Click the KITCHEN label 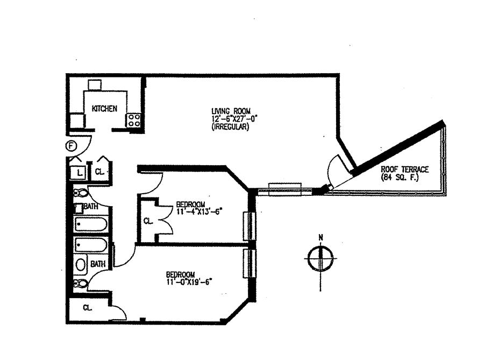104,109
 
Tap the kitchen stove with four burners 133,120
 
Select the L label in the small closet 79,172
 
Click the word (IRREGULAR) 230,128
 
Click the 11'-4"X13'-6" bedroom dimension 199,211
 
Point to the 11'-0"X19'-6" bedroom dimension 193,281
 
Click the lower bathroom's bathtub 90,246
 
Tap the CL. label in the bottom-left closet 88,308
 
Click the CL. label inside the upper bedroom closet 149,221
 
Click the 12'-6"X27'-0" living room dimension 231,119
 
